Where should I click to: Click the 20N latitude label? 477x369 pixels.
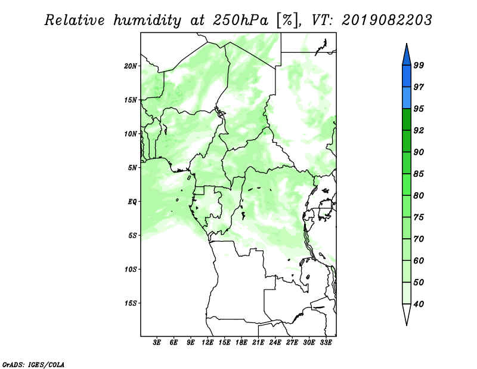pos(131,66)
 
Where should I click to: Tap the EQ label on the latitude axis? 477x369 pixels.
pos(132,202)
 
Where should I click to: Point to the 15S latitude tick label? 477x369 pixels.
pos(131,303)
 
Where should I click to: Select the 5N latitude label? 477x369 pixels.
pos(132,168)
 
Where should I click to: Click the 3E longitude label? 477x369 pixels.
pos(157,342)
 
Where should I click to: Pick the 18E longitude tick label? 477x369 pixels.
pos(241,342)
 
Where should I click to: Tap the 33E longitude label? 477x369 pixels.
pos(326,342)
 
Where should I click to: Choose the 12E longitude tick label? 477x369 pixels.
pos(207,342)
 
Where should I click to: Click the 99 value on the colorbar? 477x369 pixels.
pos(419,65)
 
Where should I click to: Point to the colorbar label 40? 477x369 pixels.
pos(419,304)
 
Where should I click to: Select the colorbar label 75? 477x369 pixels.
pos(419,217)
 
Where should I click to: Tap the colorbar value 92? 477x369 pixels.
pos(419,130)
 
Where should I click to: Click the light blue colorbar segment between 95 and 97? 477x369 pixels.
pos(407,98)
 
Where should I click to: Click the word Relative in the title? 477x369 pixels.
pos(75,20)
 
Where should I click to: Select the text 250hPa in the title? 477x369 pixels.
pos(240,20)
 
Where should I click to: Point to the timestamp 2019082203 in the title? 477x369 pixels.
pos(386,20)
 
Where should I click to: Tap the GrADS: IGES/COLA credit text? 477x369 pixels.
pos(33,365)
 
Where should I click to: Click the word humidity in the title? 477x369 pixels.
pos(147,21)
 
